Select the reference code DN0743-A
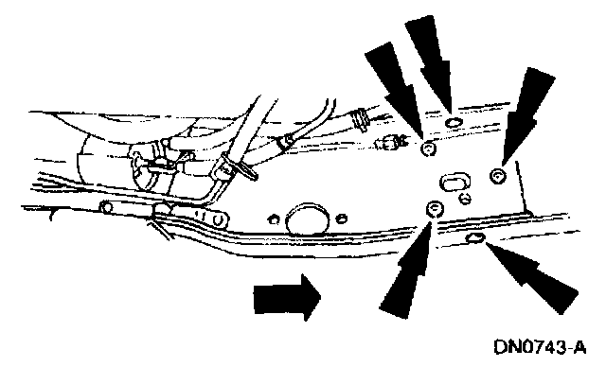click(540, 346)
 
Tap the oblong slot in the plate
click(454, 182)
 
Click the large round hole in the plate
click(308, 218)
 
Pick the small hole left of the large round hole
click(274, 220)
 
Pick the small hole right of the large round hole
click(341, 219)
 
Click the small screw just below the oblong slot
click(465, 199)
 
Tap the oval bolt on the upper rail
click(453, 123)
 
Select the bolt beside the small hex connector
click(428, 149)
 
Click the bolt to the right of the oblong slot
click(499, 176)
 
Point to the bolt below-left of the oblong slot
click(435, 210)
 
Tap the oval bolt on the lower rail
click(475, 238)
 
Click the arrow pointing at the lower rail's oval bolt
click(533, 276)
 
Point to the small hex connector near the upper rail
click(390, 143)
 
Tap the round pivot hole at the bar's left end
click(106, 207)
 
